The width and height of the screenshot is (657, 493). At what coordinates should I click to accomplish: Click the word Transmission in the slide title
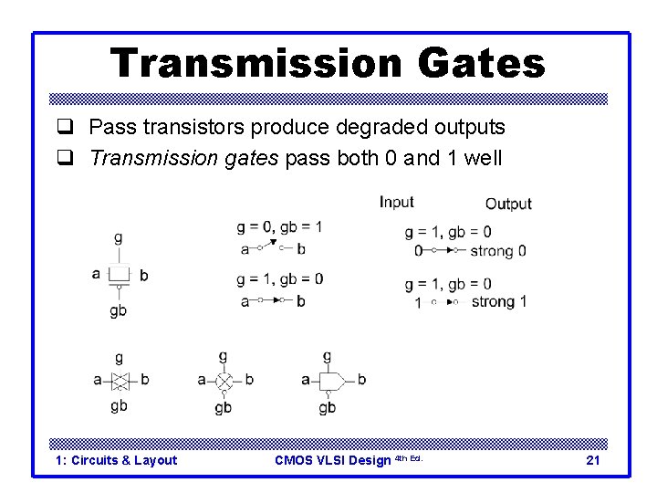click(254, 64)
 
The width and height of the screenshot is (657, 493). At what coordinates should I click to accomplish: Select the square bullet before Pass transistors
click(65, 129)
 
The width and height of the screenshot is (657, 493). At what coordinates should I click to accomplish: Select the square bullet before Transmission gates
click(65, 159)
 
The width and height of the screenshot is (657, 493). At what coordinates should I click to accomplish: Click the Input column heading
click(396, 202)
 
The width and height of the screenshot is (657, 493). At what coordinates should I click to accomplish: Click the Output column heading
click(507, 204)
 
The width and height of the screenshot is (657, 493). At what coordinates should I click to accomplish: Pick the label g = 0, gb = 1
click(279, 226)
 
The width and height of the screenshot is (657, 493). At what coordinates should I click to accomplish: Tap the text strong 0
click(498, 250)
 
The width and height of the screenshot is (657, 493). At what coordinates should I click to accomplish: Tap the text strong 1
click(498, 301)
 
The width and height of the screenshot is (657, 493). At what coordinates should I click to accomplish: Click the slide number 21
click(592, 460)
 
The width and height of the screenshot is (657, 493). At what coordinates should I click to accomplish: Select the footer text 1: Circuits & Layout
click(116, 460)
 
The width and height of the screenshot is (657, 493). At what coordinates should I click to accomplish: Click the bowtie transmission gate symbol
click(119, 380)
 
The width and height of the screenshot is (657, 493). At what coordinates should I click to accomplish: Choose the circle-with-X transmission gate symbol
click(224, 380)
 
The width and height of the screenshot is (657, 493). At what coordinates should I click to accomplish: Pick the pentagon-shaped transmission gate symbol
click(328, 380)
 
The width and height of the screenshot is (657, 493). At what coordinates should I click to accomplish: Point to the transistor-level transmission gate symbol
click(119, 274)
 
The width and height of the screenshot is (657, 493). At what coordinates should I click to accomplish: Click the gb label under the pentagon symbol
click(327, 408)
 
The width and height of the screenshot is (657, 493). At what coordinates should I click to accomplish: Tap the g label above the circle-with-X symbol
click(224, 355)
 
